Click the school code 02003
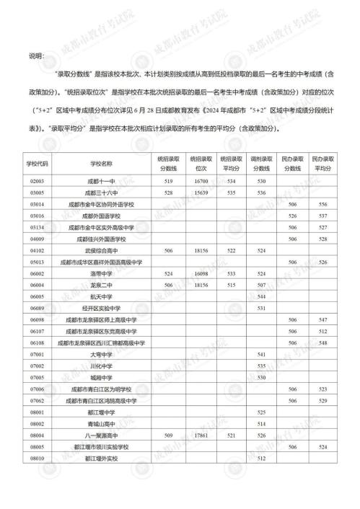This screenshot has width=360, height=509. tap(38, 182)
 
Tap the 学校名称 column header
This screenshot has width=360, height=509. tap(102, 163)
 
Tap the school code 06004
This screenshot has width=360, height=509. tap(38, 285)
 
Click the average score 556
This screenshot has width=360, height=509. tap(323, 205)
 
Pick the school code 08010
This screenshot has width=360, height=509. tap(38, 459)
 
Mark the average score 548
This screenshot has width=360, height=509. tap(323, 342)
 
